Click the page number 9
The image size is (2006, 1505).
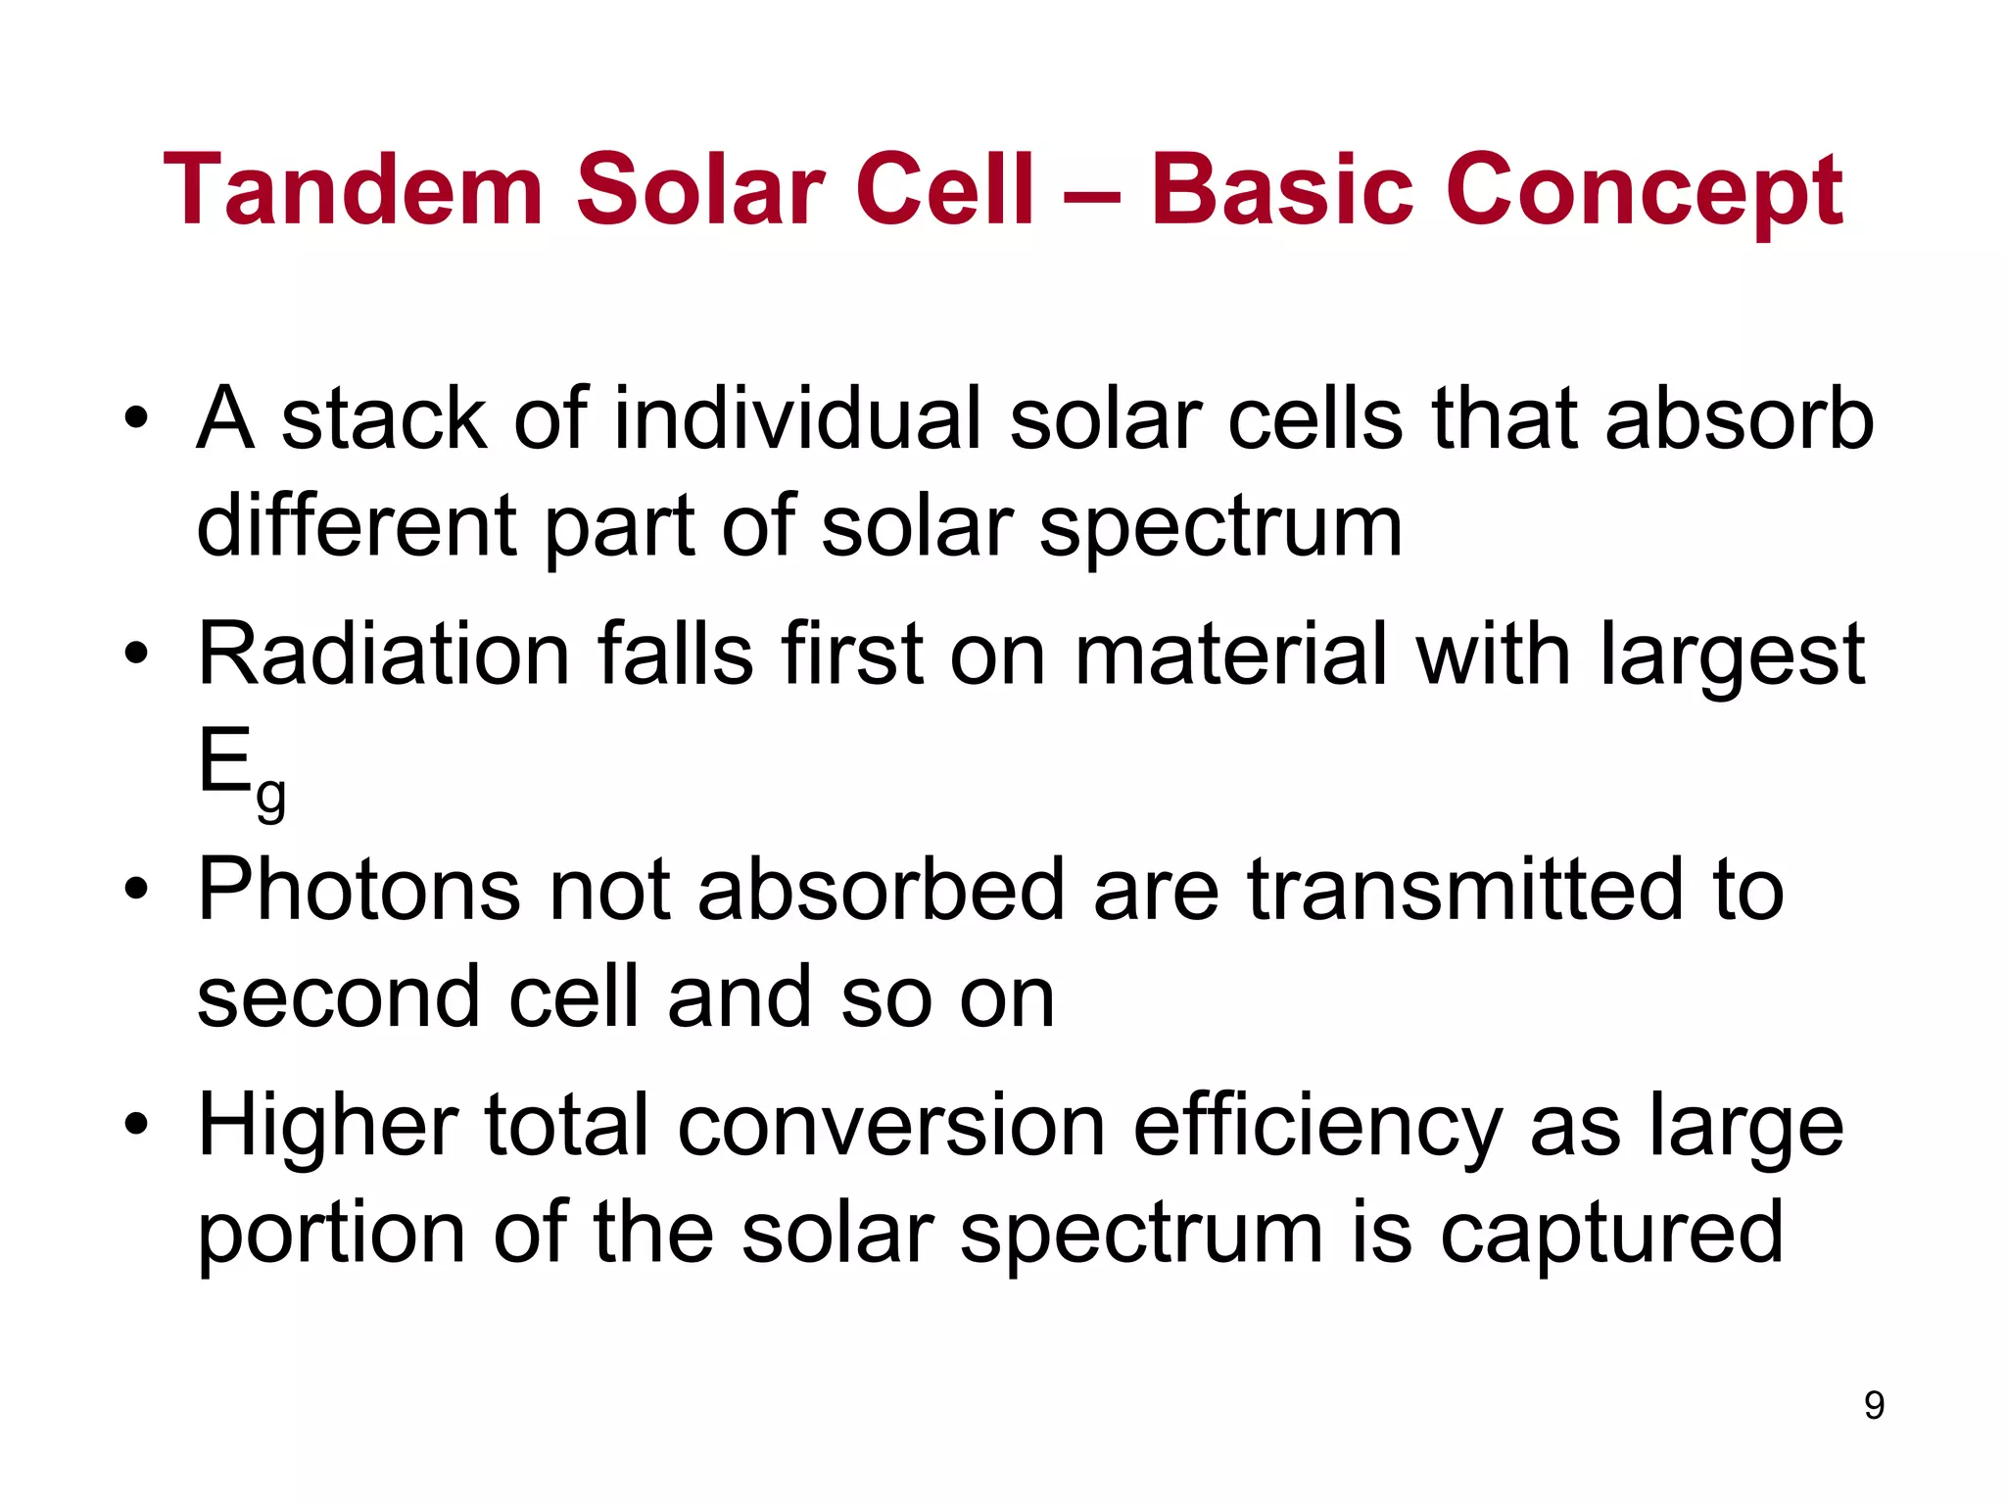point(1874,1405)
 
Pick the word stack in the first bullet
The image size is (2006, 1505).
point(384,418)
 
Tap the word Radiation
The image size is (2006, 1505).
point(384,654)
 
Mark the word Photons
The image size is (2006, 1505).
point(358,890)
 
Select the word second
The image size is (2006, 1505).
point(339,997)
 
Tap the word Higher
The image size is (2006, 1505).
point(327,1128)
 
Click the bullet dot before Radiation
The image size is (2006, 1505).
point(136,654)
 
